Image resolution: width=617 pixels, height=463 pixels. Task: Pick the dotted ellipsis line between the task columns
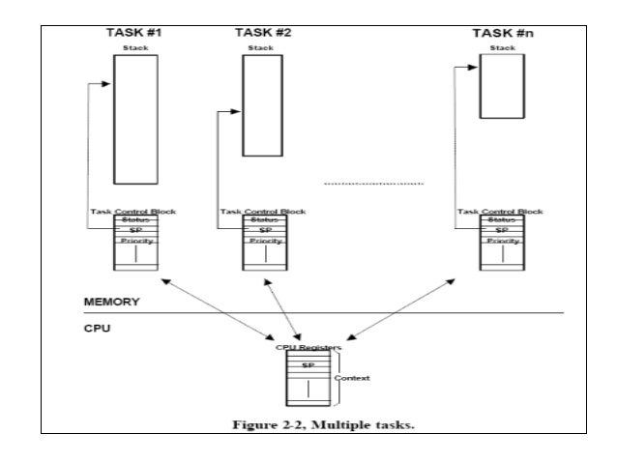click(372, 182)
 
